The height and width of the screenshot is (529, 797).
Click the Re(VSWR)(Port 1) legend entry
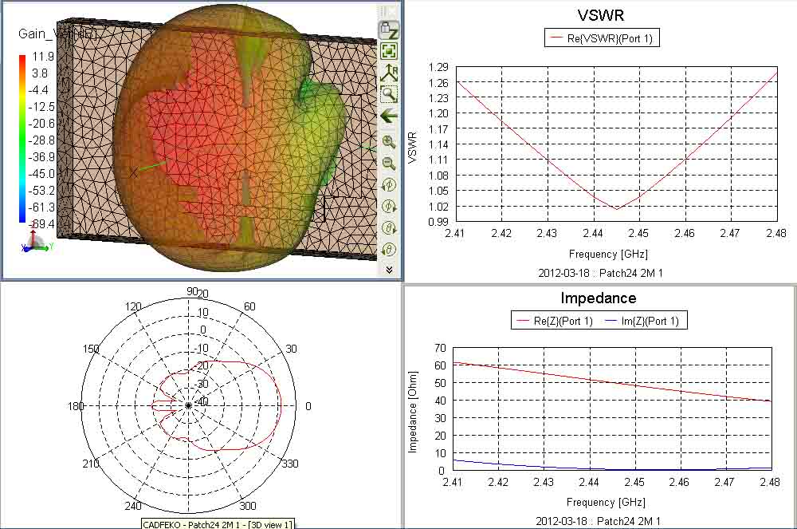click(x=602, y=38)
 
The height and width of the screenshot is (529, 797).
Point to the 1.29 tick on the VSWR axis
click(x=438, y=67)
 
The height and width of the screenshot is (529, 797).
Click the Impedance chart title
click(x=599, y=298)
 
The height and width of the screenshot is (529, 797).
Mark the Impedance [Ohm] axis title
click(x=413, y=410)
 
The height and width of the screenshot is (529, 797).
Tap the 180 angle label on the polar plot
click(x=76, y=406)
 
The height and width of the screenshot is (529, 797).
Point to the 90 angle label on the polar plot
click(x=191, y=291)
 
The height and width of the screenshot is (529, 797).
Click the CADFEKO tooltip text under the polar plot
click(x=218, y=523)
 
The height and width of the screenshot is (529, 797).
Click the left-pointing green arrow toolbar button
click(x=389, y=116)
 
